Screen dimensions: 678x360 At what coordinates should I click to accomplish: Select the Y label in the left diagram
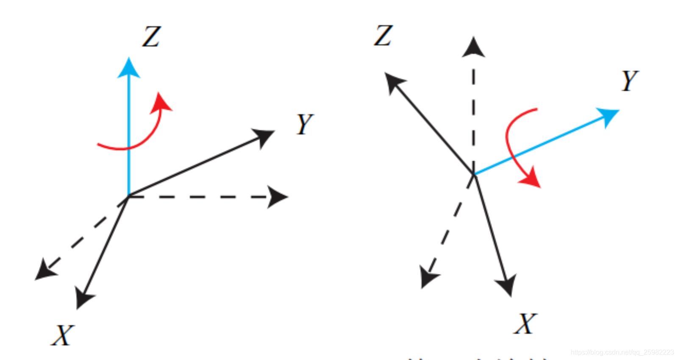click(305, 124)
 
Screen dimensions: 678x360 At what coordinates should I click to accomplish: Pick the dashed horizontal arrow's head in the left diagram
click(277, 197)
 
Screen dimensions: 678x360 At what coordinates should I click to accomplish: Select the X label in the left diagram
click(63, 336)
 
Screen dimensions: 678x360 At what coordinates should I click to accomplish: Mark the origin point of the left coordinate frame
click(128, 196)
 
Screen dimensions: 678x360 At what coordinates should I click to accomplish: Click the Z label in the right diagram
click(383, 35)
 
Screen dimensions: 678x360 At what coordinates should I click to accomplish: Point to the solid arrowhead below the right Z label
click(394, 81)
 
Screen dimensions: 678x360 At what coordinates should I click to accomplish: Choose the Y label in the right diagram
click(630, 80)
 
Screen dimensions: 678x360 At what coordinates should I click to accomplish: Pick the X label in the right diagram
click(525, 324)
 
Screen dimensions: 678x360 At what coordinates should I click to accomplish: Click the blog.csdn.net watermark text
click(622, 352)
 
